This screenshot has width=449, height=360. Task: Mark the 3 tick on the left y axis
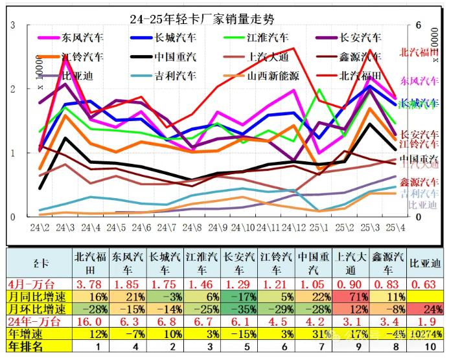pos(13,25)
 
